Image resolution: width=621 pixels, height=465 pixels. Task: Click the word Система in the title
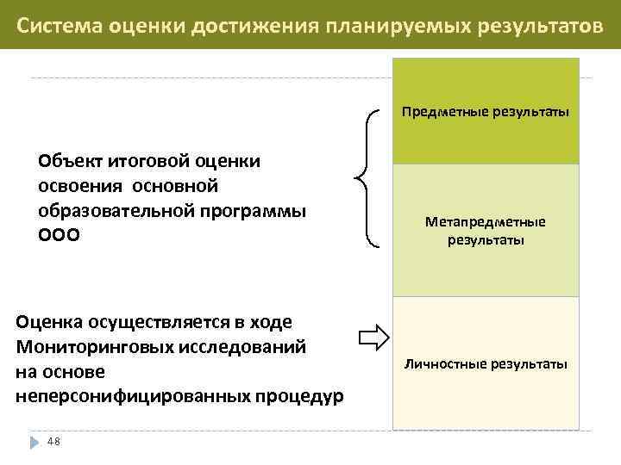click(x=60, y=24)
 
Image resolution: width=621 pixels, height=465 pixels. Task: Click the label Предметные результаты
click(x=484, y=112)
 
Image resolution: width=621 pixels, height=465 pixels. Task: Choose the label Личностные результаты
click(x=485, y=364)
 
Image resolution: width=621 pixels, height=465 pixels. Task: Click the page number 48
click(x=53, y=442)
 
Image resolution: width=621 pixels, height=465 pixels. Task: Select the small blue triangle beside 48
click(x=34, y=442)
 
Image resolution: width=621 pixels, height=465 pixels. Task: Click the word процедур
click(x=304, y=396)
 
